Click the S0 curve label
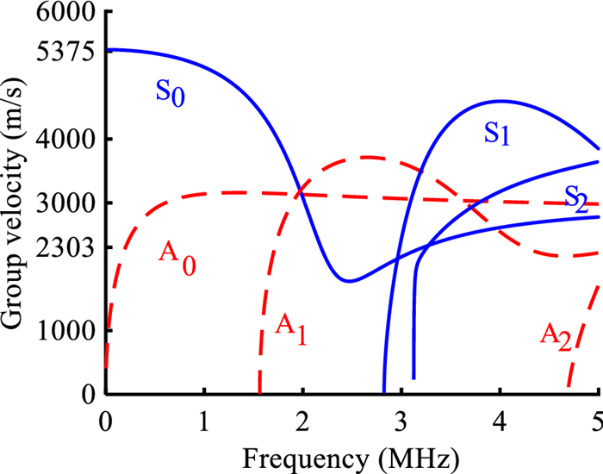tap(170, 91)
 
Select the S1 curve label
tap(497, 134)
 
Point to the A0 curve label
tap(177, 254)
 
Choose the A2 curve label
tap(556, 335)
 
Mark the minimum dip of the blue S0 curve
tap(347, 281)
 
